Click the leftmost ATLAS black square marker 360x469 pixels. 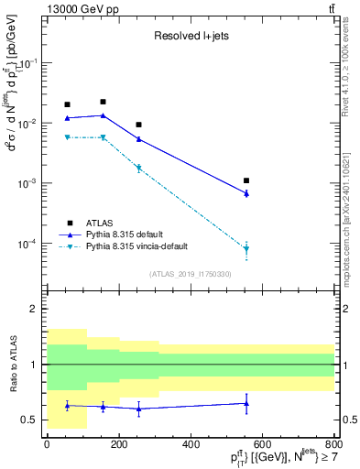(x=67, y=104)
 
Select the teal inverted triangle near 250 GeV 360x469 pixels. (x=138, y=169)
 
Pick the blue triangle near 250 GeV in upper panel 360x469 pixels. (x=138, y=139)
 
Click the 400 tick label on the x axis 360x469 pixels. (x=191, y=444)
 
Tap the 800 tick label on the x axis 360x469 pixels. (x=334, y=444)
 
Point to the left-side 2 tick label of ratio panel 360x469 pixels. (x=33, y=310)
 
